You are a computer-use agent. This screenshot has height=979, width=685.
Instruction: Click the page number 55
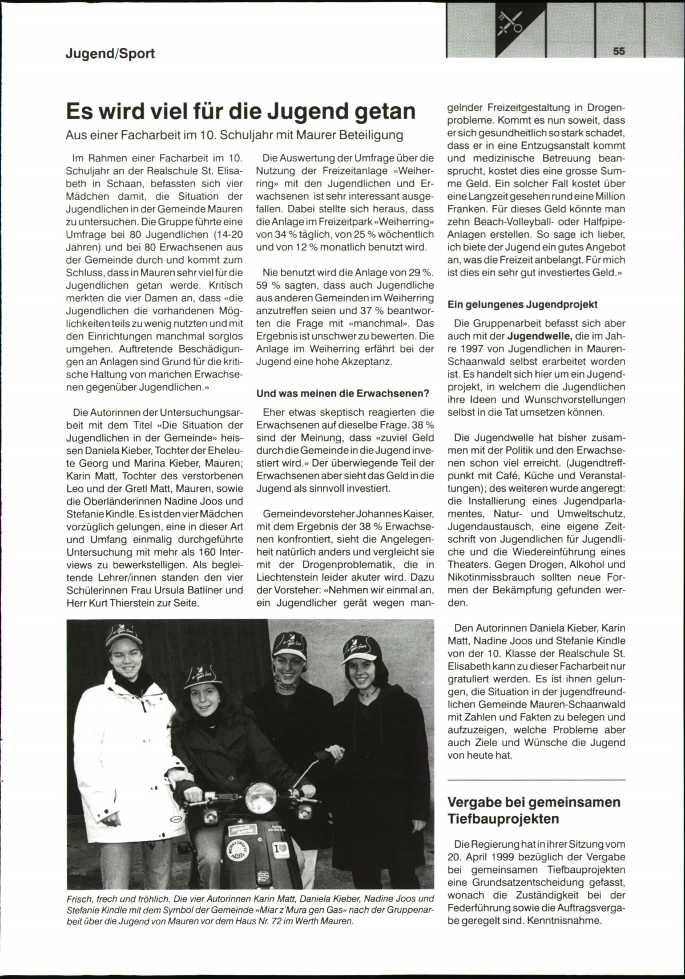click(619, 51)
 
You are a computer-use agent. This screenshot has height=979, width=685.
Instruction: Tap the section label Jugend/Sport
click(110, 54)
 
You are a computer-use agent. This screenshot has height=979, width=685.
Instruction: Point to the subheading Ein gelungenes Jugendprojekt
click(522, 305)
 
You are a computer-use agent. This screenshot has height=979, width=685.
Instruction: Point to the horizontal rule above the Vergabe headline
click(536, 779)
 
